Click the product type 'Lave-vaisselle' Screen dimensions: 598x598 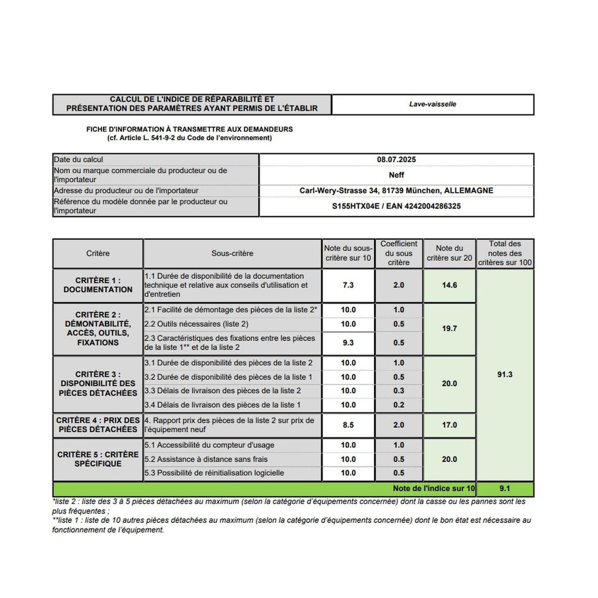[x=433, y=104]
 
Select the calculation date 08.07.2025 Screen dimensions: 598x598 [x=396, y=159]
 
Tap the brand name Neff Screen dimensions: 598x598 [x=396, y=175]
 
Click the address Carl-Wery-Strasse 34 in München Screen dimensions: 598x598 [x=396, y=190]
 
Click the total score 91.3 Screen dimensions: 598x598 [x=505, y=374]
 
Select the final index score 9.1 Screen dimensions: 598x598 [x=505, y=488]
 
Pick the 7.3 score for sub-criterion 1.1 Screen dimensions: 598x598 [x=348, y=285]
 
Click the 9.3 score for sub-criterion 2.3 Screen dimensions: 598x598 [x=348, y=342]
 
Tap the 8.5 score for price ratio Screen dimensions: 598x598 [x=348, y=425]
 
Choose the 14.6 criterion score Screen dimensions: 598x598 [x=449, y=285]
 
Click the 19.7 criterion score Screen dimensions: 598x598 [x=449, y=328]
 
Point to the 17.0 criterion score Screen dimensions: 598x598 [x=449, y=425]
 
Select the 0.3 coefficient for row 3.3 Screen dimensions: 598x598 [x=399, y=391]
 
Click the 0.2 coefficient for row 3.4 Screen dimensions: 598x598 [x=399, y=405]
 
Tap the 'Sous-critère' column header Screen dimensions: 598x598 [x=232, y=253]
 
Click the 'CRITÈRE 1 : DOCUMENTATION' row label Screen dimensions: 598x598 [x=98, y=285]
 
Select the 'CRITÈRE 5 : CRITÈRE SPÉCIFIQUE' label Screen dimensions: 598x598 [x=98, y=459]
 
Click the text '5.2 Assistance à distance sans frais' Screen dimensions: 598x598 [x=206, y=459]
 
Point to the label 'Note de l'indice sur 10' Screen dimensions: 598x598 [x=434, y=488]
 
